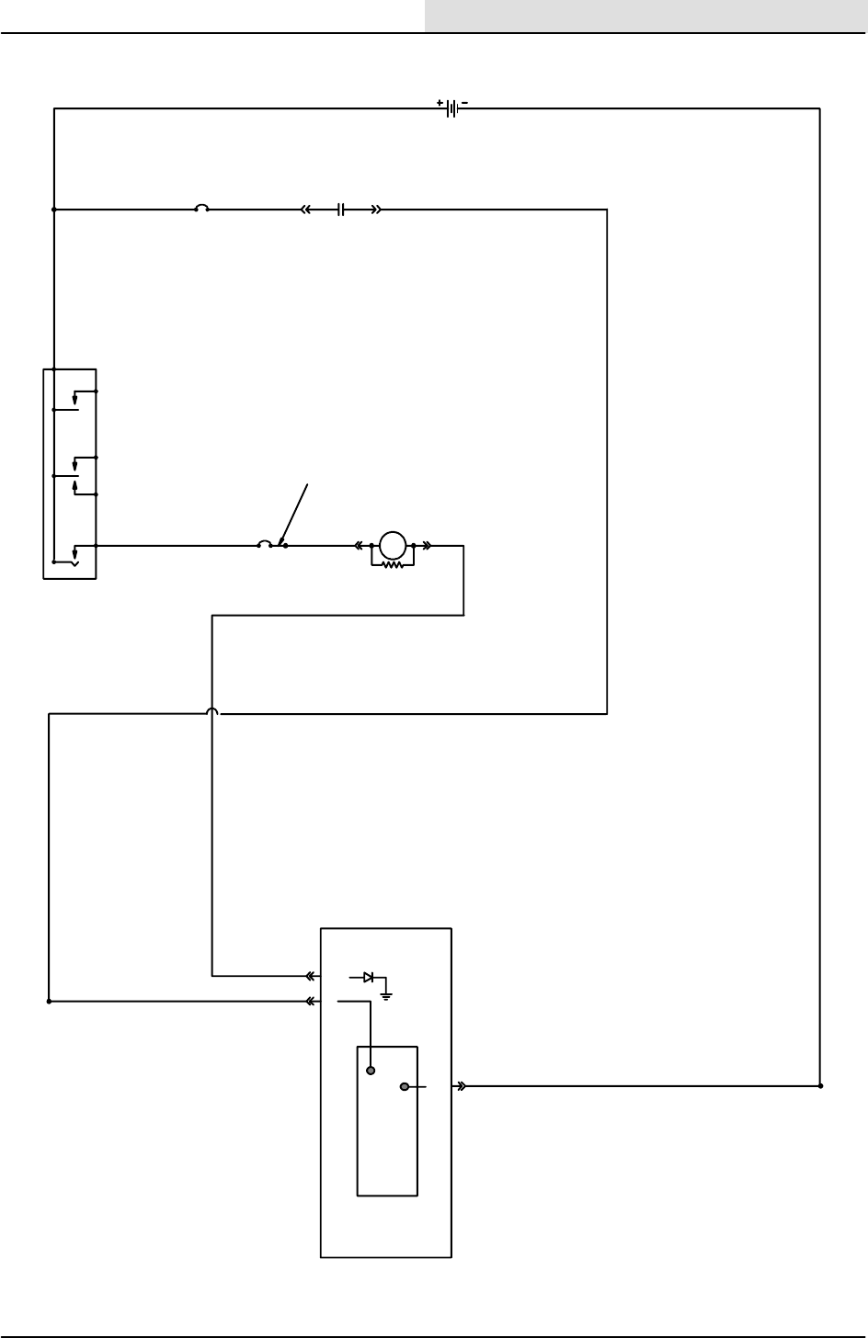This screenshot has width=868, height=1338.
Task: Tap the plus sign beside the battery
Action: tap(440, 102)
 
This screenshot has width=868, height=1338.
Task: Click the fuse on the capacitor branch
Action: tap(201, 210)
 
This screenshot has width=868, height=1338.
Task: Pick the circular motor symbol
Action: tap(393, 545)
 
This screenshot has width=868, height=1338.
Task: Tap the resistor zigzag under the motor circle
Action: tap(393, 564)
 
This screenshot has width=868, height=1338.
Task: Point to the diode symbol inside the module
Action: tap(368, 977)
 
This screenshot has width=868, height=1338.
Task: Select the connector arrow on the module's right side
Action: tap(462, 1085)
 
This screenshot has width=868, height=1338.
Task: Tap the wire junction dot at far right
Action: tap(820, 1085)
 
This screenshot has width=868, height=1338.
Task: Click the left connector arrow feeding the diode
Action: tap(311, 976)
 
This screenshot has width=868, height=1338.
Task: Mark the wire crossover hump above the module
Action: tap(212, 711)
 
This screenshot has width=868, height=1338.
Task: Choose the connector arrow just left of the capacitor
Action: tap(306, 210)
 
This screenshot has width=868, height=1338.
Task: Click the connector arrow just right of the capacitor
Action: tap(376, 210)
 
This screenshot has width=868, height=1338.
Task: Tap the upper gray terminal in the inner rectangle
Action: tap(371, 1071)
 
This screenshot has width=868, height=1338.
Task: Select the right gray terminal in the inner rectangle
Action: tap(405, 1086)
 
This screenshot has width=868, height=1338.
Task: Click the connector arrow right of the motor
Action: tap(427, 545)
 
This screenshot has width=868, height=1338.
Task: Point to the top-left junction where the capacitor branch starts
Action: tap(54, 210)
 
